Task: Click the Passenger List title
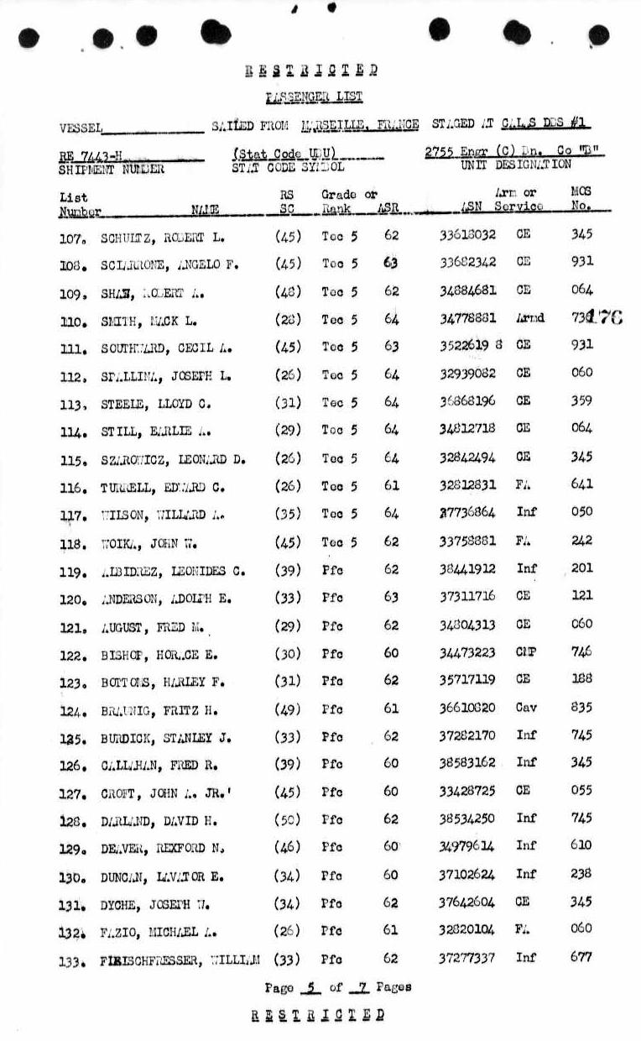coord(314,97)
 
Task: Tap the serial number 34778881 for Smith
coord(467,318)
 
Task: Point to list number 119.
coord(74,569)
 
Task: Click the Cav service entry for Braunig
coord(526,708)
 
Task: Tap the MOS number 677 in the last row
coord(581,956)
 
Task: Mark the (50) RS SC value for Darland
coord(289,819)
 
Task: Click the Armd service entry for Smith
coord(530,318)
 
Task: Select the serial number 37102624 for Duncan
coord(466,874)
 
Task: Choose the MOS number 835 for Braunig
coord(581,708)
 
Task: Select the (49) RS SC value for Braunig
coord(289,709)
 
